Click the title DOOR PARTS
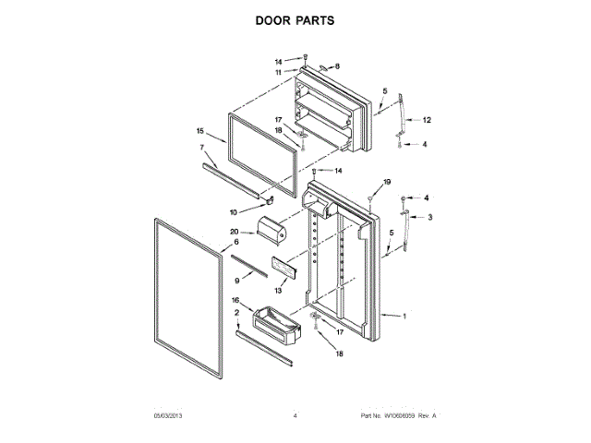295,19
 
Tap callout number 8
337,66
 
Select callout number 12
427,121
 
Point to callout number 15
199,131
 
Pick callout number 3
428,216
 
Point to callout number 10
233,212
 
